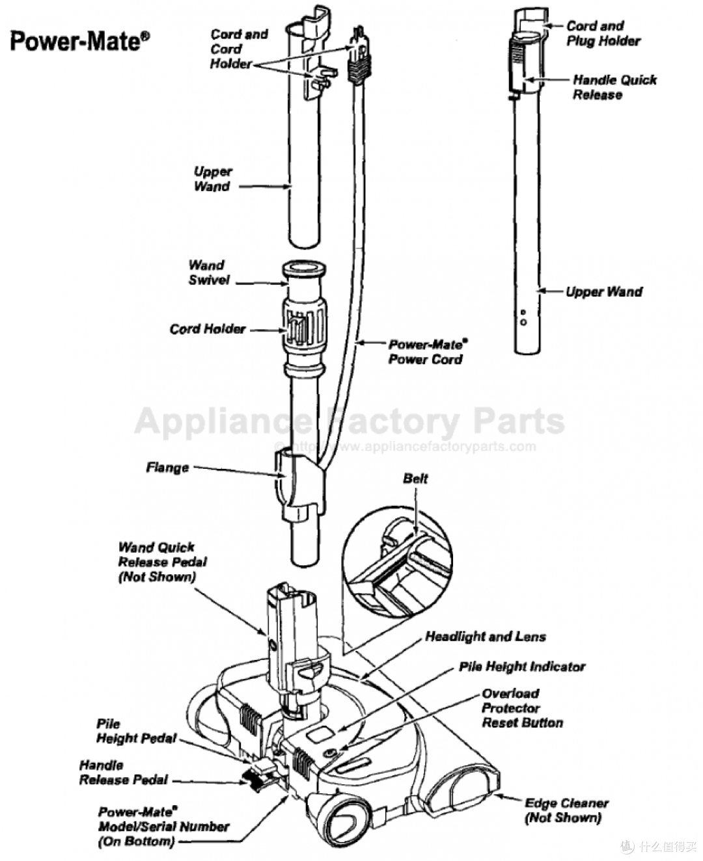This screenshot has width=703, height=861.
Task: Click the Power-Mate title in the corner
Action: [79, 42]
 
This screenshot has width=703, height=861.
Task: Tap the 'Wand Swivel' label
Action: [208, 272]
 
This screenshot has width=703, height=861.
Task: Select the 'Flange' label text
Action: [167, 468]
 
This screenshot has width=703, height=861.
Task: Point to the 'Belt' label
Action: [415, 479]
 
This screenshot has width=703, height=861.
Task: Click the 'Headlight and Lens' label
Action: [486, 637]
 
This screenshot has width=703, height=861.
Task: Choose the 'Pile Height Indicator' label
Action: [522, 667]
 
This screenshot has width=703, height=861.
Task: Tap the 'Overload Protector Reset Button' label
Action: [522, 708]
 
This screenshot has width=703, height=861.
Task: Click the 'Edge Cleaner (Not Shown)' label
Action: [566, 810]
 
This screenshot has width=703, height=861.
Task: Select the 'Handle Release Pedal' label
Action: [124, 773]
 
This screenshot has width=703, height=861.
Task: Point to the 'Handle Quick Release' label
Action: [614, 87]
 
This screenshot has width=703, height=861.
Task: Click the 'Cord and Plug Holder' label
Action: [603, 33]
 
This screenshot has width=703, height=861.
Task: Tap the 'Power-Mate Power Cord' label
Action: [428, 352]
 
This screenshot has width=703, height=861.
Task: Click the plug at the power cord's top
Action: [359, 55]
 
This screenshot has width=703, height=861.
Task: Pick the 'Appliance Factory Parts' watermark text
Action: [350, 421]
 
